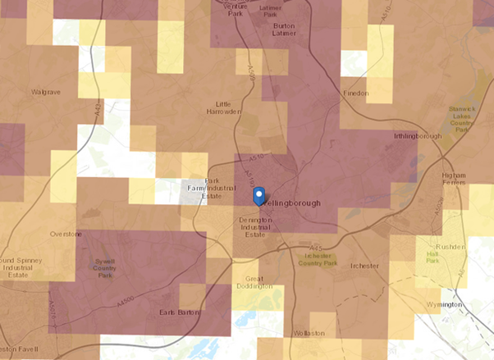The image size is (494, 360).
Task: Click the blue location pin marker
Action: point(258,195)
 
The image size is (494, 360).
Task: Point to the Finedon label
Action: point(355,94)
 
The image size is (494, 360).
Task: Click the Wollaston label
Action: point(309,334)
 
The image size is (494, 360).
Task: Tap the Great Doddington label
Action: point(254,282)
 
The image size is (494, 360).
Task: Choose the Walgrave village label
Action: point(47,92)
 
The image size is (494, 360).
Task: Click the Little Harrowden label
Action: point(227,107)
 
